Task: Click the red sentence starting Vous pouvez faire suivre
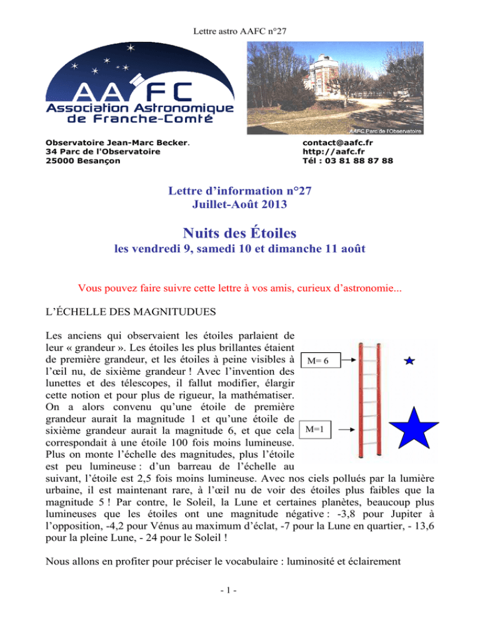click(239, 290)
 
